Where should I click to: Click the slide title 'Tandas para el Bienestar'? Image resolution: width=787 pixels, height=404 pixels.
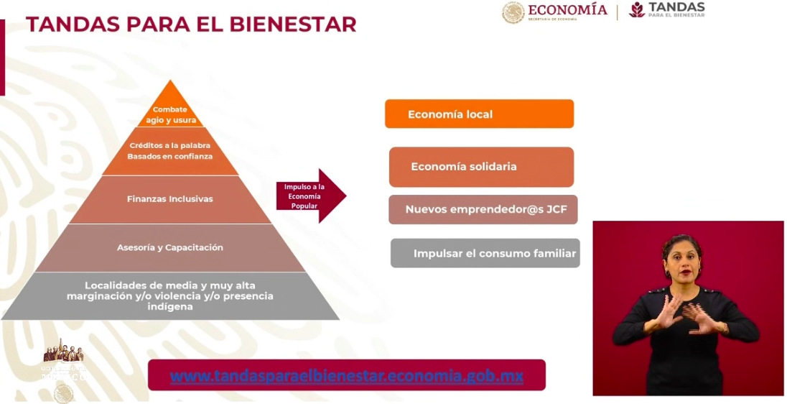pyautogui.click(x=191, y=24)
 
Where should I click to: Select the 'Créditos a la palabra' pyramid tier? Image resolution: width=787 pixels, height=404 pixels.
pyautogui.click(x=170, y=151)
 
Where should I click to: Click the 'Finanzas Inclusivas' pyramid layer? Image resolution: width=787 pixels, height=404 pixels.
pyautogui.click(x=170, y=199)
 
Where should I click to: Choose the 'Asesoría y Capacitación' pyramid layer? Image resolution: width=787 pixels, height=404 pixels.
pyautogui.click(x=170, y=247)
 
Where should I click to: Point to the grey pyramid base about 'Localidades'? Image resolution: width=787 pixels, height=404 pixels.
pyautogui.click(x=170, y=295)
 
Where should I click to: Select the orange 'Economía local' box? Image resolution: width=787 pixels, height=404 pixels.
pyautogui.click(x=479, y=114)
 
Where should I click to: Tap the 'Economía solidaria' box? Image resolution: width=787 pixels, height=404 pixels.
pyautogui.click(x=481, y=167)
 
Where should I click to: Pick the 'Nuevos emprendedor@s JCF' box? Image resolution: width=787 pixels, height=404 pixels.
pyautogui.click(x=483, y=209)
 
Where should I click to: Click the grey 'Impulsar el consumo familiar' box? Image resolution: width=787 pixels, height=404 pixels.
pyautogui.click(x=485, y=253)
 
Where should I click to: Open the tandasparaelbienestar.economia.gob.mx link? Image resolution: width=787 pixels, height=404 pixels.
pyautogui.click(x=347, y=375)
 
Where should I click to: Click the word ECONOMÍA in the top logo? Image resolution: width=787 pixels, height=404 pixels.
pyautogui.click(x=567, y=10)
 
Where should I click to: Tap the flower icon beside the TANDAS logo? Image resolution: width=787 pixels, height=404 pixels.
pyautogui.click(x=636, y=9)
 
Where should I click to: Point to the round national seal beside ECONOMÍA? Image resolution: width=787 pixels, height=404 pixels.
pyautogui.click(x=513, y=12)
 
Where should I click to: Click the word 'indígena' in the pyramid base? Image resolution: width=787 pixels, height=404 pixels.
pyautogui.click(x=170, y=306)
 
